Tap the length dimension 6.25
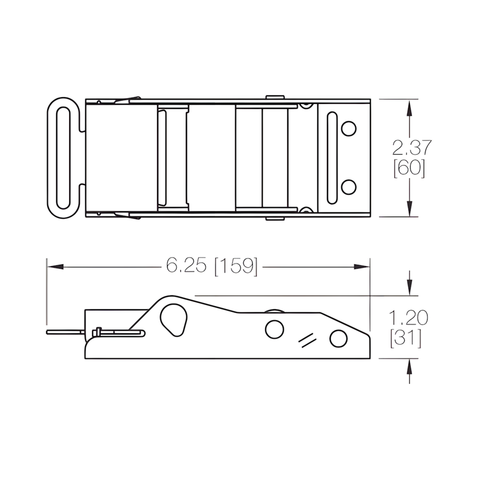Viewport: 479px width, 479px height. pyautogui.click(x=186, y=266)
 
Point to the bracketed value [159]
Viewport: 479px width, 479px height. pyautogui.click(x=236, y=266)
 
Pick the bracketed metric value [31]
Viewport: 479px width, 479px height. pyautogui.click(x=406, y=338)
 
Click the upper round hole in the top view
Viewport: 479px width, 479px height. pyautogui.click(x=348, y=128)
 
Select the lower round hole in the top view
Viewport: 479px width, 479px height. pyautogui.click(x=348, y=187)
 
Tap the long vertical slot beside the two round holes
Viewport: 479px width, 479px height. pyautogui.click(x=332, y=158)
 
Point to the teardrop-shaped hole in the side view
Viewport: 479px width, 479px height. pyautogui.click(x=173, y=319)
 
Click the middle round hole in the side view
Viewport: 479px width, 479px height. pyautogui.click(x=274, y=329)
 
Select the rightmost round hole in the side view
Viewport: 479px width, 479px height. pyautogui.click(x=338, y=338)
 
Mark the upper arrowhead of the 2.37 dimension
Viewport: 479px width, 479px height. pyautogui.click(x=410, y=109)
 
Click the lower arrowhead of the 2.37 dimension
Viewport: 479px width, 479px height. pyautogui.click(x=410, y=208)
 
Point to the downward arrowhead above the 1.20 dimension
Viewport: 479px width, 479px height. pyautogui.click(x=410, y=286)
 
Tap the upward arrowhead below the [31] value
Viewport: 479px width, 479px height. pyautogui.click(x=410, y=368)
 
